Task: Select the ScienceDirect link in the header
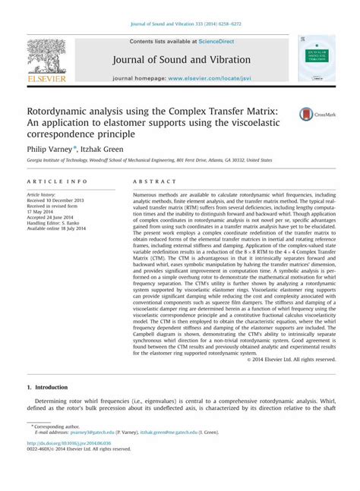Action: tap(214, 41)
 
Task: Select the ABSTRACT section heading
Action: tap(148, 182)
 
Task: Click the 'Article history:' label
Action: tap(45, 194)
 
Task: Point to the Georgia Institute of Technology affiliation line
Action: tap(150, 161)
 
